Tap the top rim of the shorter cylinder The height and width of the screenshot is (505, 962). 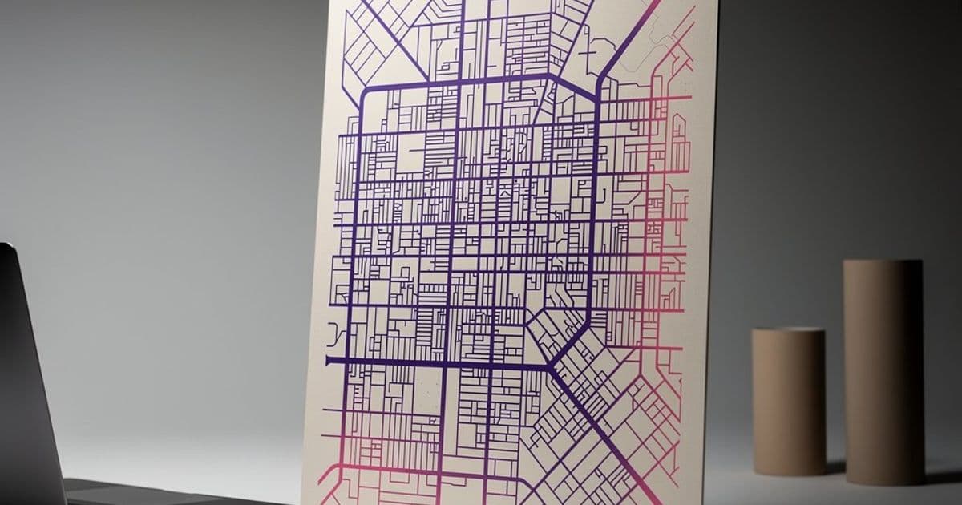tap(788, 333)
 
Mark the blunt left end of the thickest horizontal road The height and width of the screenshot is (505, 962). tap(328, 361)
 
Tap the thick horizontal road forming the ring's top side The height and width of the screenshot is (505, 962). tap(457, 81)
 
